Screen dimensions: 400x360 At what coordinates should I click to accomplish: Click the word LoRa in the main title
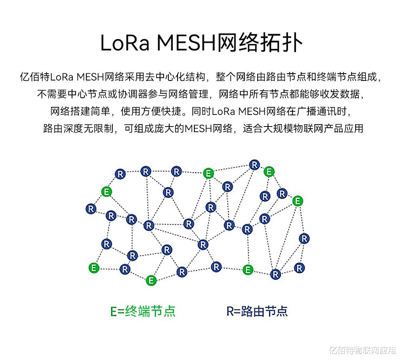click(125, 43)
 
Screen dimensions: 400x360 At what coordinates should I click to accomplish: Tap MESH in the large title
click(186, 43)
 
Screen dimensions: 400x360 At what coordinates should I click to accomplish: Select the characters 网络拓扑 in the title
click(260, 42)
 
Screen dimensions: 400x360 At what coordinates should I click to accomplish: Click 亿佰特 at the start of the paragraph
click(35, 77)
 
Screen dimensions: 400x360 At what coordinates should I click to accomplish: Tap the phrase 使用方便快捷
click(151, 111)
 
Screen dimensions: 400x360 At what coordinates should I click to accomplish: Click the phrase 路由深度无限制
click(78, 129)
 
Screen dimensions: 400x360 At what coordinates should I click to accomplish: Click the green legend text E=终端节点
click(143, 311)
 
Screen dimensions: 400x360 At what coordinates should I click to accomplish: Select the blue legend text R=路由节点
click(257, 311)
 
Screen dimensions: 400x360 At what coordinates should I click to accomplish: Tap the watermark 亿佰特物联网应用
click(362, 350)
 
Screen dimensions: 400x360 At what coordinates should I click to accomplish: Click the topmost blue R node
click(254, 165)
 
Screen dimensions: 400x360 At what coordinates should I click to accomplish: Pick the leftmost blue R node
click(91, 209)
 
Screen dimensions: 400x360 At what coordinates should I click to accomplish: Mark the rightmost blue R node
click(304, 239)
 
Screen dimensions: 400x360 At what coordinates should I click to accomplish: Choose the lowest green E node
click(151, 280)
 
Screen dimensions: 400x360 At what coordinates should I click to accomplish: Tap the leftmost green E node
click(94, 268)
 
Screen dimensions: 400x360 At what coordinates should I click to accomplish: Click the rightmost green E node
click(298, 201)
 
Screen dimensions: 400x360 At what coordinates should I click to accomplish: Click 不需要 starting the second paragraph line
click(52, 94)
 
